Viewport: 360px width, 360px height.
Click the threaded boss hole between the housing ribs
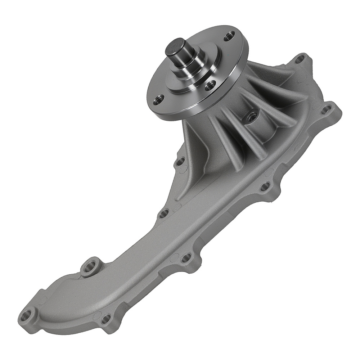tap(252, 116)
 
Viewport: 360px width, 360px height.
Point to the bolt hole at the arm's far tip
tap(26, 317)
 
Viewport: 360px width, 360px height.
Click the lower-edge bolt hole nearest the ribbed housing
tap(265, 186)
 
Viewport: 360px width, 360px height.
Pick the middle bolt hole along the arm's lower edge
tap(186, 258)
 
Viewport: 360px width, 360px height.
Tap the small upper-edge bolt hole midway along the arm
tap(163, 214)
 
